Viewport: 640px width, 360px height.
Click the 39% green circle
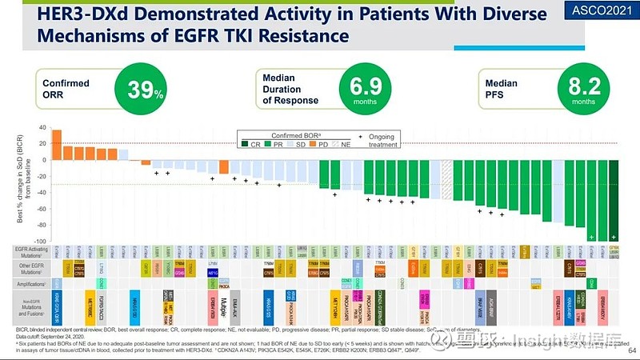[146, 91]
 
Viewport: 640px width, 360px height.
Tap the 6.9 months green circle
[362, 91]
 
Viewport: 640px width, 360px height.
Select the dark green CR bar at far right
[614, 200]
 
